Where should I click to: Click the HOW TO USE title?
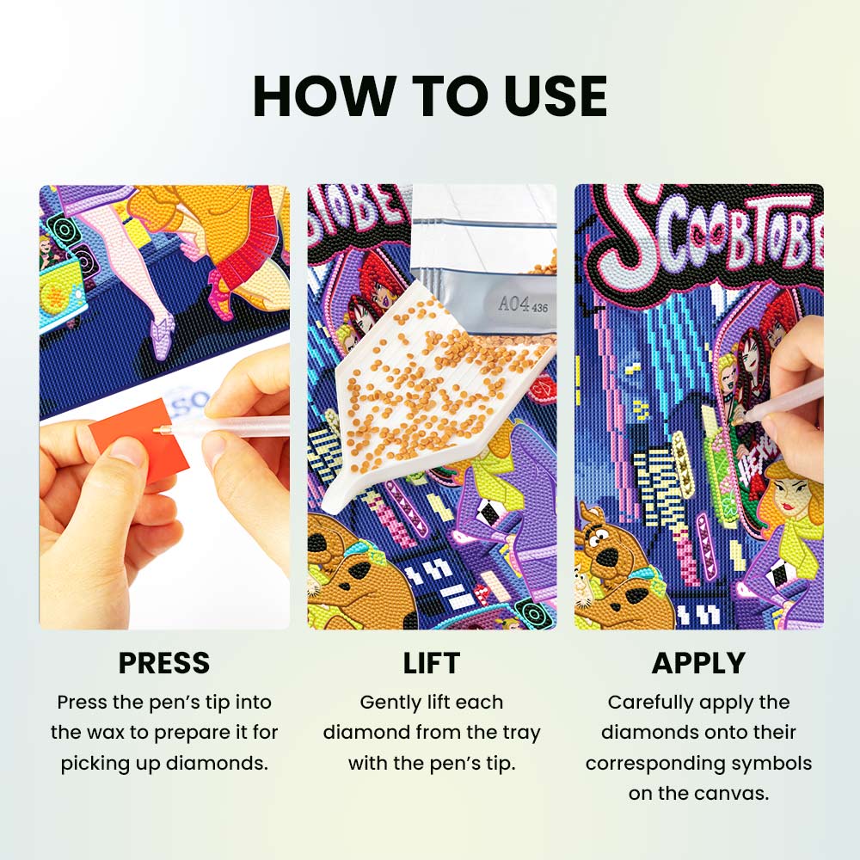point(430,96)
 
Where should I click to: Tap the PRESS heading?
point(164,662)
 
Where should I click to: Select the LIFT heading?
point(432,662)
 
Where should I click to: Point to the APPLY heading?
point(698,662)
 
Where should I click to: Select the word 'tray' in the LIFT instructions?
point(521,734)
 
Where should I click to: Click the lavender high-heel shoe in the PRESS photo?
point(162,337)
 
